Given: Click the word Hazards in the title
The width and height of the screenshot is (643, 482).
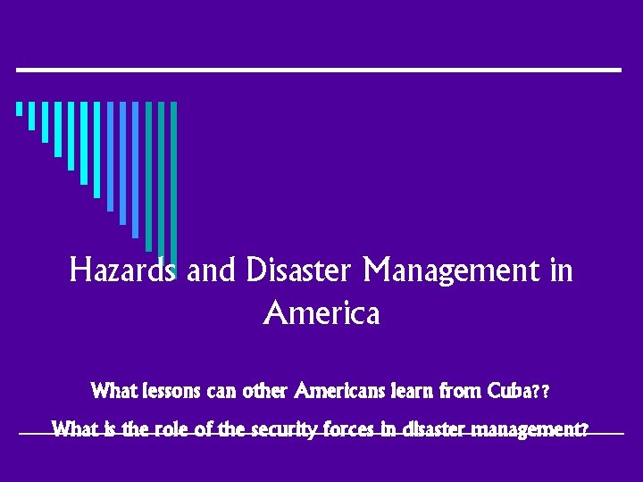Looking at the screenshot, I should (x=124, y=270).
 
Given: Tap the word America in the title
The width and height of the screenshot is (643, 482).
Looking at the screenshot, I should (x=321, y=313).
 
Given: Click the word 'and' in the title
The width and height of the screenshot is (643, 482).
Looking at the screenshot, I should (x=210, y=270).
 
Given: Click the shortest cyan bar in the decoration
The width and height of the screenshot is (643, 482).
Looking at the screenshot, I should (x=19, y=109).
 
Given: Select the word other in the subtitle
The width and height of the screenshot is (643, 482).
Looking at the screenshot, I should (x=265, y=392).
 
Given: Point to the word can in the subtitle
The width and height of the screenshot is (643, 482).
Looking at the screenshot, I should (x=224, y=392).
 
